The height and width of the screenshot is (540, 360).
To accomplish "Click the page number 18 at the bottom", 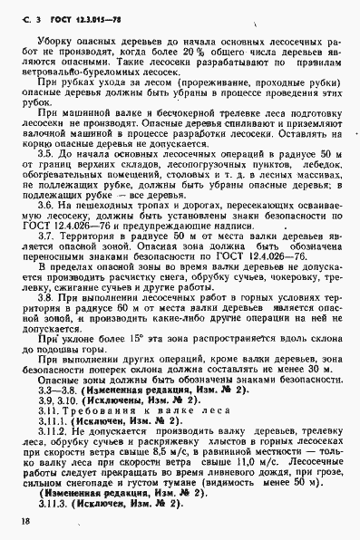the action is (x=21, y=525).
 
